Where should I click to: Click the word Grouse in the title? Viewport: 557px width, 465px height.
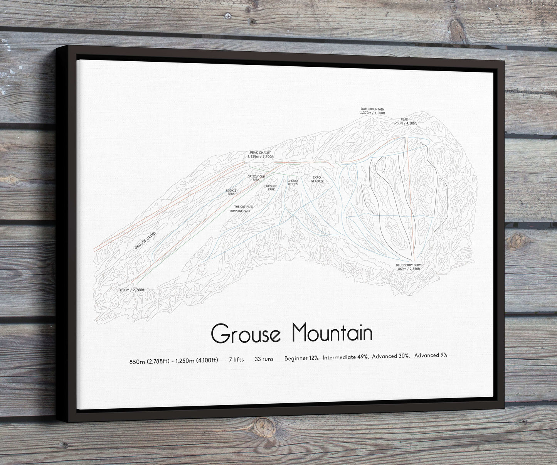246,333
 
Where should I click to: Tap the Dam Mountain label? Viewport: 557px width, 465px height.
372,110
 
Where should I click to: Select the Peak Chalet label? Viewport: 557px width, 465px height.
260,153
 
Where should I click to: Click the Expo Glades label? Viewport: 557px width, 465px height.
317,179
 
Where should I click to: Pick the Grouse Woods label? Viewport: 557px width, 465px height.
293,182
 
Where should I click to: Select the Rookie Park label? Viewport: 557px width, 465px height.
231,192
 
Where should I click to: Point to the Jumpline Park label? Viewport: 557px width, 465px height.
240,211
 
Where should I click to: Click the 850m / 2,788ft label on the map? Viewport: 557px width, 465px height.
132,290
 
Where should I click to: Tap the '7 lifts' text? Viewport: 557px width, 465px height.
236,359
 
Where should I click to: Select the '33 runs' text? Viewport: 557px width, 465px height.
264,359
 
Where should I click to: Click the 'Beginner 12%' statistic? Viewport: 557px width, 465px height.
301,358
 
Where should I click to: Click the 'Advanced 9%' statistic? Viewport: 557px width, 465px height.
431,355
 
